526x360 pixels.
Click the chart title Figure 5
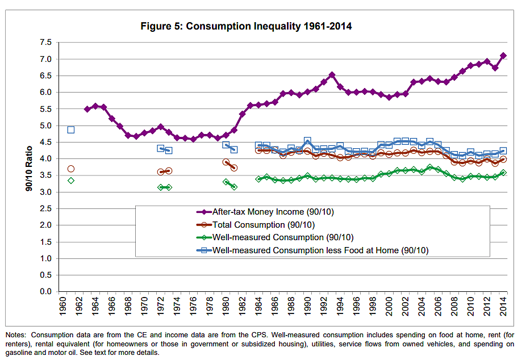click(x=246, y=26)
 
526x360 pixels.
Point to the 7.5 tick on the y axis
click(x=45, y=43)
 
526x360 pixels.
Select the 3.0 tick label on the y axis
click(x=45, y=192)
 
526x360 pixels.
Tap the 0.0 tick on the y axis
click(x=45, y=292)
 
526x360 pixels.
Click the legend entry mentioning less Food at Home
click(x=320, y=250)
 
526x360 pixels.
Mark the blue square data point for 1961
click(x=71, y=129)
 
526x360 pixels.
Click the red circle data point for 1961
click(x=71, y=169)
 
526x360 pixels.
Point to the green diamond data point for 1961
click(x=71, y=181)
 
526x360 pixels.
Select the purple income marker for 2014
click(x=503, y=56)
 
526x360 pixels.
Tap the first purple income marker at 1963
click(x=87, y=109)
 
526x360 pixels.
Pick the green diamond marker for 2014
click(x=503, y=173)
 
